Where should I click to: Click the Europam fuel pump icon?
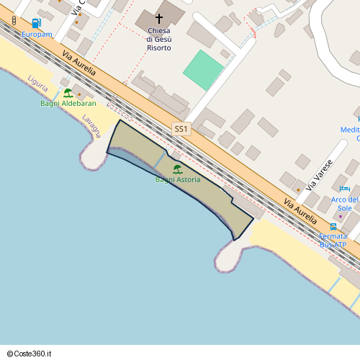[36, 24]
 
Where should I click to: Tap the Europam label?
[37, 35]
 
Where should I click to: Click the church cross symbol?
[159, 19]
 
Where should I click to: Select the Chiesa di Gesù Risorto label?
[159, 39]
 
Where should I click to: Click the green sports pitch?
[204, 70]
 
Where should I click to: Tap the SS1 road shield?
[181, 130]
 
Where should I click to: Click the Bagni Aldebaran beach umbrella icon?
[68, 93]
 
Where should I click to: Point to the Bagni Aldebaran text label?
[68, 104]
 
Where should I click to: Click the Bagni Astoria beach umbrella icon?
[177, 170]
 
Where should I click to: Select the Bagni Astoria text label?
[178, 179]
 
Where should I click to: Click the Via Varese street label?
[320, 174]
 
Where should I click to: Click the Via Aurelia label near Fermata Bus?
[300, 208]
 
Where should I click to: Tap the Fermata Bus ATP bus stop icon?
[333, 226]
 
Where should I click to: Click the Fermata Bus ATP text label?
[333, 240]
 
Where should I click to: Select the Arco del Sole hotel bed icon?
[345, 188]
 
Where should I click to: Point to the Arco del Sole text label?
[345, 204]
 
